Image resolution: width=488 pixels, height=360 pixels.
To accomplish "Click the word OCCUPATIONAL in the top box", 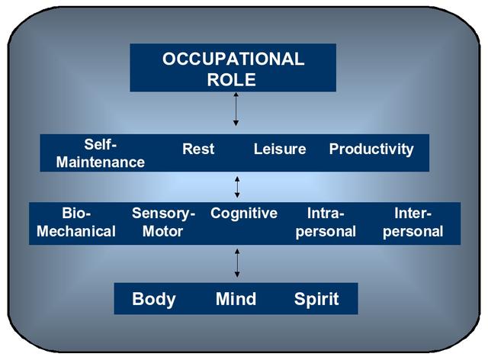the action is point(233,59).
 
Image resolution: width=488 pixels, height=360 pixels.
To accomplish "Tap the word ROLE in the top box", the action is point(231,80).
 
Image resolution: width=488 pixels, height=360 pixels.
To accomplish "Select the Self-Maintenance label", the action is point(100,153).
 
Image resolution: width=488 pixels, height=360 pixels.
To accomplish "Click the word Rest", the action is point(198,149).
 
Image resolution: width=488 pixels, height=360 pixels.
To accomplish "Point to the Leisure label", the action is point(280,149).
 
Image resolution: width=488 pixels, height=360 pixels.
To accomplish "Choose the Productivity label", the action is point(371,149).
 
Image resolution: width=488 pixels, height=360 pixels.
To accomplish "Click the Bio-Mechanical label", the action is point(76,223).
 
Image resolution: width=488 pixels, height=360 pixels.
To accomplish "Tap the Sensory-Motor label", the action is point(163,223).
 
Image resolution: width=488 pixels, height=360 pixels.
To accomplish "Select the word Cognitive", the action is point(244,214).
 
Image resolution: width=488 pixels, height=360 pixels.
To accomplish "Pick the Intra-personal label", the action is point(326,223).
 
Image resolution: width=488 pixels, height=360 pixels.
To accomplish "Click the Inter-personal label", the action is point(413,223).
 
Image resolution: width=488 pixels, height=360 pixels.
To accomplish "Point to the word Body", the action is point(154,299).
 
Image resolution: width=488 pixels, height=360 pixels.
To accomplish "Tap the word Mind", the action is point(236,299).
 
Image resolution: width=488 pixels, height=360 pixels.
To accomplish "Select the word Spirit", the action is point(316,300).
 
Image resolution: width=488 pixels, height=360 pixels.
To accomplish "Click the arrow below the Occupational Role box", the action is point(236,109).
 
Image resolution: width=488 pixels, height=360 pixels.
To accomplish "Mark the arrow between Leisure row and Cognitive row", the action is point(237,187).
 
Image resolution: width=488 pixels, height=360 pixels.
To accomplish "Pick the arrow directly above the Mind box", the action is point(237,263).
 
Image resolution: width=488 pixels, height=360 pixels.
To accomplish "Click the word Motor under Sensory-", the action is point(162,231).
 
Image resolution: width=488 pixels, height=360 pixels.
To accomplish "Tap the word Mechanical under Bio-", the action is point(76,231).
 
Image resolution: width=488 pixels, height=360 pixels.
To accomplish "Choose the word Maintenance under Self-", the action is point(100,162).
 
